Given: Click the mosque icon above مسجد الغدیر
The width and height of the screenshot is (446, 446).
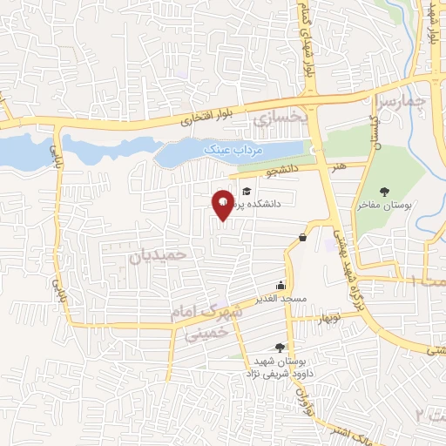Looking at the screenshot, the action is [x=280, y=286].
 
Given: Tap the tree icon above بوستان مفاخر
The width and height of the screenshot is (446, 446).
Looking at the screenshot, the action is [x=385, y=191].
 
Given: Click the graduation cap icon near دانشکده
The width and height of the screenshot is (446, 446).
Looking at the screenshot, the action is [x=247, y=191].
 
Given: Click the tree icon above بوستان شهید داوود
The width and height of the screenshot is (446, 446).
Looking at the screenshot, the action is [x=280, y=347].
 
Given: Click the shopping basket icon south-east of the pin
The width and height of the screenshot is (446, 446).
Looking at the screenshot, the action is [x=302, y=237].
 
